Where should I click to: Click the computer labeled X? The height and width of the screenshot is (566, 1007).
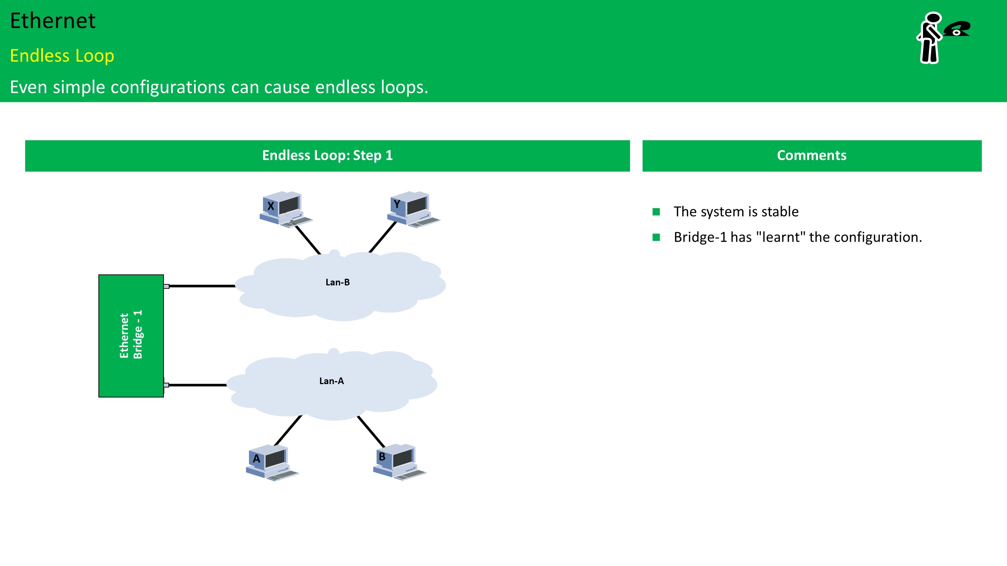pos(286,209)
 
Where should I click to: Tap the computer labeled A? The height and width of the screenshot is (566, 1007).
pos(272,462)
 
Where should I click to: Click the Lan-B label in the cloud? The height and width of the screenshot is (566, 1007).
pos(337,282)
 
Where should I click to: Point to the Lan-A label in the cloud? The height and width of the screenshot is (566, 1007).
pos(331,381)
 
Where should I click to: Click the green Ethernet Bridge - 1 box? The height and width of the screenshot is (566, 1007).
pos(131,336)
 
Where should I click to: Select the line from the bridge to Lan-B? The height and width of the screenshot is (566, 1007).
pos(202,286)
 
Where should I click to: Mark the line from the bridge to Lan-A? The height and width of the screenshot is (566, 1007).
pos(198,385)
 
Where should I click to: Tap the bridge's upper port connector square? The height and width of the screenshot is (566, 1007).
pos(166,286)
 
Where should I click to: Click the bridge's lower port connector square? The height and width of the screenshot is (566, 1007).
pos(166,385)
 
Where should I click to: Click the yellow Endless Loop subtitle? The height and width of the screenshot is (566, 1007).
pos(62,56)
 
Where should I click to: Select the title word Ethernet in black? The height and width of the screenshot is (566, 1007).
pos(53,21)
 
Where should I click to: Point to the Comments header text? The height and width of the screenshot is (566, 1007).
pos(812,156)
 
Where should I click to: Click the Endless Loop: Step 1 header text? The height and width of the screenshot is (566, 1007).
pos(327,156)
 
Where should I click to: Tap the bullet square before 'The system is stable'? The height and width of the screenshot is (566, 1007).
pos(656,212)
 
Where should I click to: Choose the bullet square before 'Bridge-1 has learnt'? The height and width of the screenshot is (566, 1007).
pos(656,237)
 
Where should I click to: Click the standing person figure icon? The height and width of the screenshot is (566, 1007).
pos(929,38)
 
